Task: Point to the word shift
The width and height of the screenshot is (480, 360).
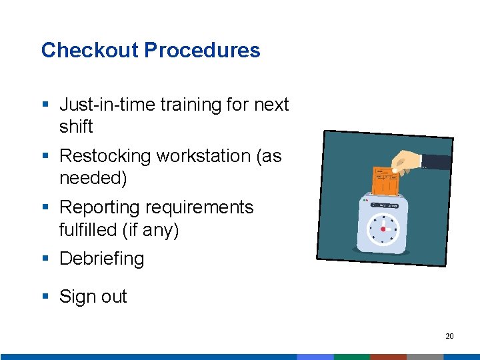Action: (x=76, y=127)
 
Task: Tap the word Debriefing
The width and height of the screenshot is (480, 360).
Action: (x=101, y=259)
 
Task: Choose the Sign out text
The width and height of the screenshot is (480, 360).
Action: (x=93, y=297)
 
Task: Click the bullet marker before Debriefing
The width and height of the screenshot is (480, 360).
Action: (x=45, y=259)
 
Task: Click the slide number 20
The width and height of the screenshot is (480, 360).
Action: (x=449, y=336)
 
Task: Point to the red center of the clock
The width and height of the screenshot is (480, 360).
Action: (x=383, y=229)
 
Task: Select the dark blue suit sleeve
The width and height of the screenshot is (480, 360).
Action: (x=436, y=162)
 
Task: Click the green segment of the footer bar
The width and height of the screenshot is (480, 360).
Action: (x=351, y=357)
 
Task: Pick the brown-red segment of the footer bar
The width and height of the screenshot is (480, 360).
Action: (x=388, y=357)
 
